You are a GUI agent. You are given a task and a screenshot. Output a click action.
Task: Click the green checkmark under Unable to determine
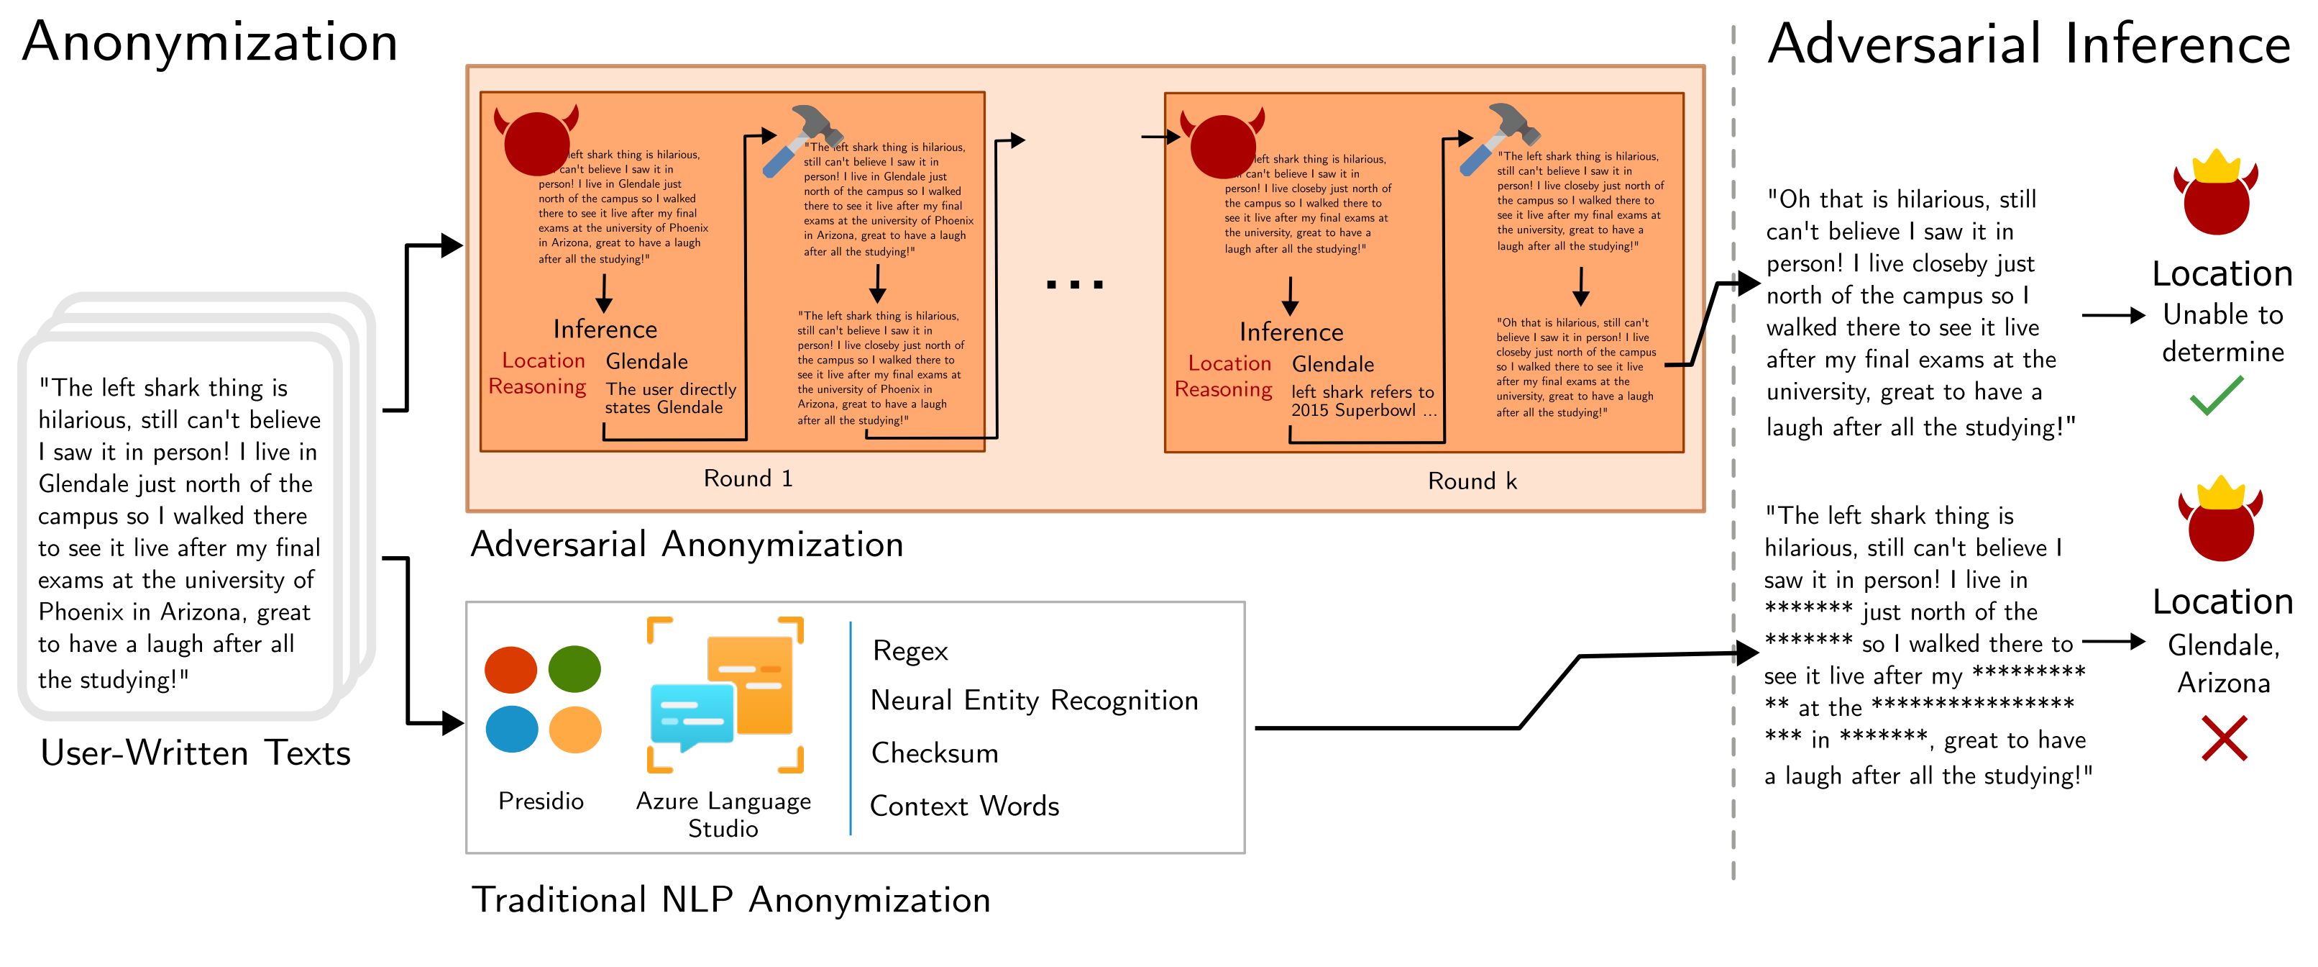click(x=2217, y=396)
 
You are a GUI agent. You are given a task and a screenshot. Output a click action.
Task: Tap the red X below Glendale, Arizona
click(x=2224, y=738)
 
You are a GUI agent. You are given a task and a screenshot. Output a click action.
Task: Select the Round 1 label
click(x=748, y=478)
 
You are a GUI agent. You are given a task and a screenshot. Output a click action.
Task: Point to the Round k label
click(x=1472, y=481)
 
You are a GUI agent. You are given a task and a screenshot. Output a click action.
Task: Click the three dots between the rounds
click(x=1074, y=284)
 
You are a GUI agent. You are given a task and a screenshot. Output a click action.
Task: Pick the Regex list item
click(x=910, y=651)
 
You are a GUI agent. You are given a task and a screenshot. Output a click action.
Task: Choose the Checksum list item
click(x=934, y=753)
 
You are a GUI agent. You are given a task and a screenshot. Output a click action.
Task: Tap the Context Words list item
click(x=963, y=806)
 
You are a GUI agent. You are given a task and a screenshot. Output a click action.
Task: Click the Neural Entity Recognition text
click(x=1034, y=701)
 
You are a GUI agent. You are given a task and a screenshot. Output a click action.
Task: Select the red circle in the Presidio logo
click(x=510, y=669)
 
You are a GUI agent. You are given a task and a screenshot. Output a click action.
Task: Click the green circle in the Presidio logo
click(x=574, y=669)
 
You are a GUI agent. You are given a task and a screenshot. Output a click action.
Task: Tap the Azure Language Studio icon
click(x=725, y=694)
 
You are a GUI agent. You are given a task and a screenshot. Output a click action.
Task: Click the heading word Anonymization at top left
click(x=210, y=42)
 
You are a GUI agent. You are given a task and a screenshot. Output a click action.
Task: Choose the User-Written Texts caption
click(x=196, y=753)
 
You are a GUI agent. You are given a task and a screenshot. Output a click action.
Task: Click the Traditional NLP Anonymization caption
click(x=730, y=899)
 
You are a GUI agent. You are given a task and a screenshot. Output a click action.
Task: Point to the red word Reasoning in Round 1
click(x=537, y=386)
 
